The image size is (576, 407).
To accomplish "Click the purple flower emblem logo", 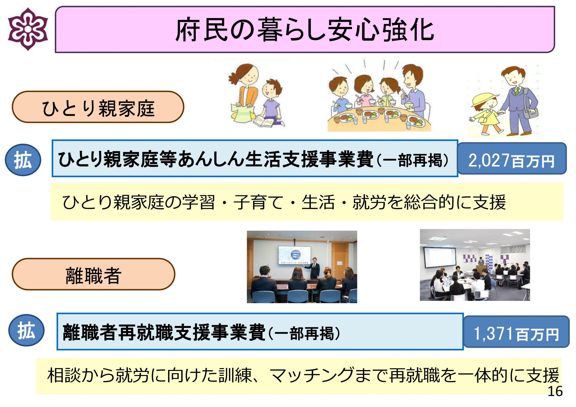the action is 28,29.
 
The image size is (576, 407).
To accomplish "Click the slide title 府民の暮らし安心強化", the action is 305,30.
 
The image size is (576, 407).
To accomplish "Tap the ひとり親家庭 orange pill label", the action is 98,107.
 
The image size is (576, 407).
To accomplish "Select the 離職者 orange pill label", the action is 93,274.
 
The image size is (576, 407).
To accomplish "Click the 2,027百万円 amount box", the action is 512,159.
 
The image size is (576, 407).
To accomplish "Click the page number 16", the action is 555,391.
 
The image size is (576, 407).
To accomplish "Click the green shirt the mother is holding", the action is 243,113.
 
